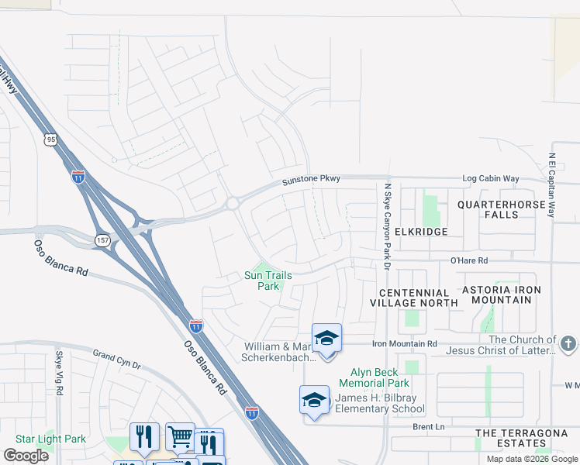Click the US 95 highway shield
[x=50, y=139]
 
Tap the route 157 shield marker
[x=102, y=240]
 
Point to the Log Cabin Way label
[x=491, y=179]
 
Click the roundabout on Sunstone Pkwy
[x=232, y=204]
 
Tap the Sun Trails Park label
[x=262, y=281]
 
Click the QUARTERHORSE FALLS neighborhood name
[x=498, y=209]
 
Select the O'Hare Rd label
[x=469, y=261]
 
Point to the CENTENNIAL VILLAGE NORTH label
[x=419, y=298]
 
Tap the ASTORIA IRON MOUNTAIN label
[x=501, y=294]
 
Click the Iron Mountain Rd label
[x=405, y=343]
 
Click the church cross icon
[x=568, y=343]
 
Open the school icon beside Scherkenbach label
[x=326, y=339]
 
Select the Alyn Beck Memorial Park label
[x=375, y=377]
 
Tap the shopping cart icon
[x=180, y=436]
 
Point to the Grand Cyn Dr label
[x=117, y=359]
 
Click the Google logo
[x=26, y=456]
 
